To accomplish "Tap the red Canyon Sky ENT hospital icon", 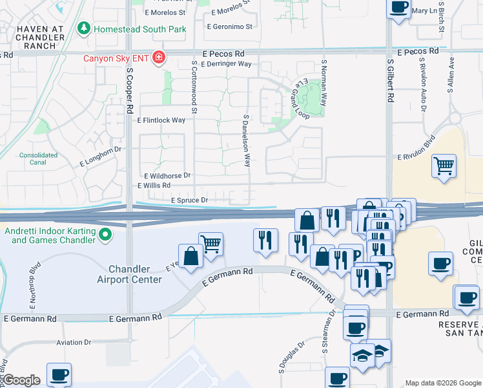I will click(x=158, y=58).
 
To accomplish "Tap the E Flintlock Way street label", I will click(x=161, y=120).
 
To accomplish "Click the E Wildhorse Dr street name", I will click(x=168, y=175).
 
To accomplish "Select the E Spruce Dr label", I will click(x=189, y=200).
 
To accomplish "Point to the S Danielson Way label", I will click(x=247, y=141).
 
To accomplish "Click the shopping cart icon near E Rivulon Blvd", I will click(x=444, y=166).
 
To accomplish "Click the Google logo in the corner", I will click(x=21, y=380).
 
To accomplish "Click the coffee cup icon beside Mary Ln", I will click(x=398, y=7).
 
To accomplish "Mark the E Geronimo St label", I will click(x=229, y=27).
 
